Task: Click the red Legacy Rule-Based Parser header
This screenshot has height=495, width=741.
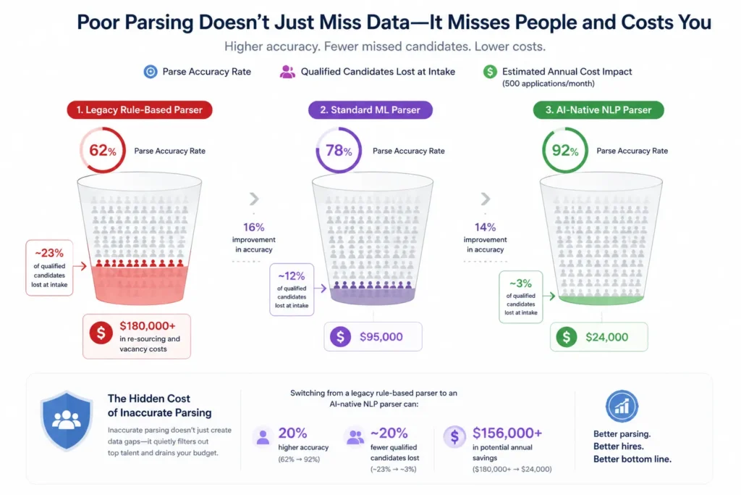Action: point(140,110)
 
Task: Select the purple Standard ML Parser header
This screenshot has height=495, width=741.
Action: point(376,110)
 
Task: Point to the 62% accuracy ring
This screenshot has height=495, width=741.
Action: point(102,151)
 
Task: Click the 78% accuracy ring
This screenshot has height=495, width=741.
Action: point(338,151)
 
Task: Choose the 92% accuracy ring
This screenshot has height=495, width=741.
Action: point(564,151)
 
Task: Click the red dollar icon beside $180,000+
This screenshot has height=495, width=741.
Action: point(101,333)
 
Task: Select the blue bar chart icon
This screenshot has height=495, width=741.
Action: point(622,407)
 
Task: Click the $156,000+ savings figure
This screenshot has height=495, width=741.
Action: point(507,433)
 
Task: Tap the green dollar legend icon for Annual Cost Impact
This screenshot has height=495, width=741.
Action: point(490,72)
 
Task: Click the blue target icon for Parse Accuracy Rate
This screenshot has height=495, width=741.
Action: point(150,72)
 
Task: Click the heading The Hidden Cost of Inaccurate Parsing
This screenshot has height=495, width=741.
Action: point(159,406)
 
